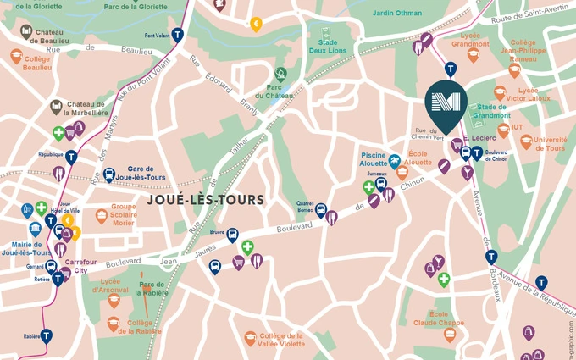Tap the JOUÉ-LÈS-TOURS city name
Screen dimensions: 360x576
[206, 200]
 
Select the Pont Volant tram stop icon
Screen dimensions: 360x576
[177, 36]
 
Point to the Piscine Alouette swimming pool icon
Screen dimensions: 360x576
[395, 158]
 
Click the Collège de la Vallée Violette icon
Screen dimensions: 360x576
[250, 338]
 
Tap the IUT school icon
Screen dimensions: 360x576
[503, 130]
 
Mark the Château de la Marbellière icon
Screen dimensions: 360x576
[56, 107]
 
